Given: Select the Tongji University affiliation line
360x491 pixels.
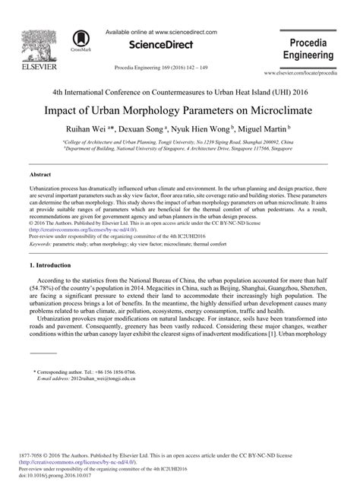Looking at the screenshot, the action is (x=180, y=142).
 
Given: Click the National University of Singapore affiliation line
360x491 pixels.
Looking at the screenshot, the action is (x=180, y=150).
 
